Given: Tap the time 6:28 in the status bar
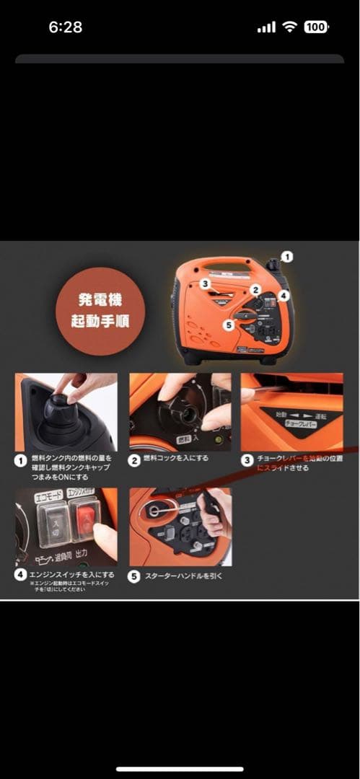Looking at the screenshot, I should click(x=65, y=27).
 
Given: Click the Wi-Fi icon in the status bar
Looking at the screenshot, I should click(x=290, y=27).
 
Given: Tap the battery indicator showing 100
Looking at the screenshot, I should click(x=315, y=27).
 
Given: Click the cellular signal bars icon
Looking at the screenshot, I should click(x=266, y=27).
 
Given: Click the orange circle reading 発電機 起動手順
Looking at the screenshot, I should click(x=100, y=311).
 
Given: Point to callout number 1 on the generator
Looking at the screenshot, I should click(x=286, y=256).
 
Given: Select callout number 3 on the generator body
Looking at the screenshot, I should click(x=206, y=284).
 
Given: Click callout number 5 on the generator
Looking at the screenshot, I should click(x=229, y=325).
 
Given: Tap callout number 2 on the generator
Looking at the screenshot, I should click(x=255, y=289).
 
